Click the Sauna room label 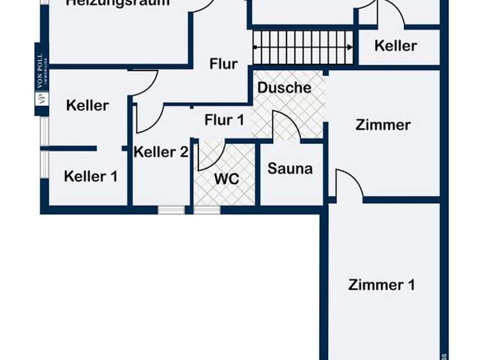[290, 168]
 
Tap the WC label [226, 179]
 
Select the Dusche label [284, 88]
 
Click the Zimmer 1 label [381, 285]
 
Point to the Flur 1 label [224, 120]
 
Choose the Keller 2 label [160, 152]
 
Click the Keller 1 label [90, 177]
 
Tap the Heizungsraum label [117, 3]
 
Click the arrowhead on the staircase [349, 47]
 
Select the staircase [303, 47]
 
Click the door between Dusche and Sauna [285, 126]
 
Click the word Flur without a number [223, 65]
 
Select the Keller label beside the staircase [395, 46]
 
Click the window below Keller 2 [171, 210]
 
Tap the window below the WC [207, 210]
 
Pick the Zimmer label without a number [383, 125]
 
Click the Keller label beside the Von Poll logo [87, 105]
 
